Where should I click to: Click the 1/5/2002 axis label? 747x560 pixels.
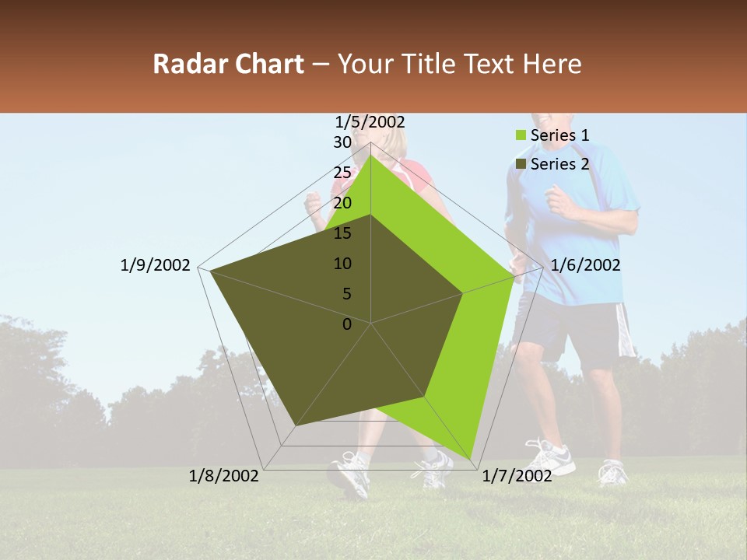pos(370,121)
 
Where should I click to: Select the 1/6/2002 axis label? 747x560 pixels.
pos(585,265)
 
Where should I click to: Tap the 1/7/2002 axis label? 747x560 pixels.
pos(517,475)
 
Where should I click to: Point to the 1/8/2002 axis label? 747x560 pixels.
pos(224,475)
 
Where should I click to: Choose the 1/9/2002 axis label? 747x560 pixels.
pos(156,265)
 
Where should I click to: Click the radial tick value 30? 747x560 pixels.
pos(342,142)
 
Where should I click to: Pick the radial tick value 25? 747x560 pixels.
pos(342,173)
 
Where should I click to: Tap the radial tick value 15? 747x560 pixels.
pos(342,233)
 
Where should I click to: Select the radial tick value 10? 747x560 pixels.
pos(342,264)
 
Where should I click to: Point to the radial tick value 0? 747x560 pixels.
pos(347,324)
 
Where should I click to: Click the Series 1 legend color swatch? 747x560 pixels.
pos(521,135)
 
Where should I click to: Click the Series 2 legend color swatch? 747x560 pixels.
pos(521,164)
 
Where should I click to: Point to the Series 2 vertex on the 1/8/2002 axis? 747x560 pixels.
pos(296,425)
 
